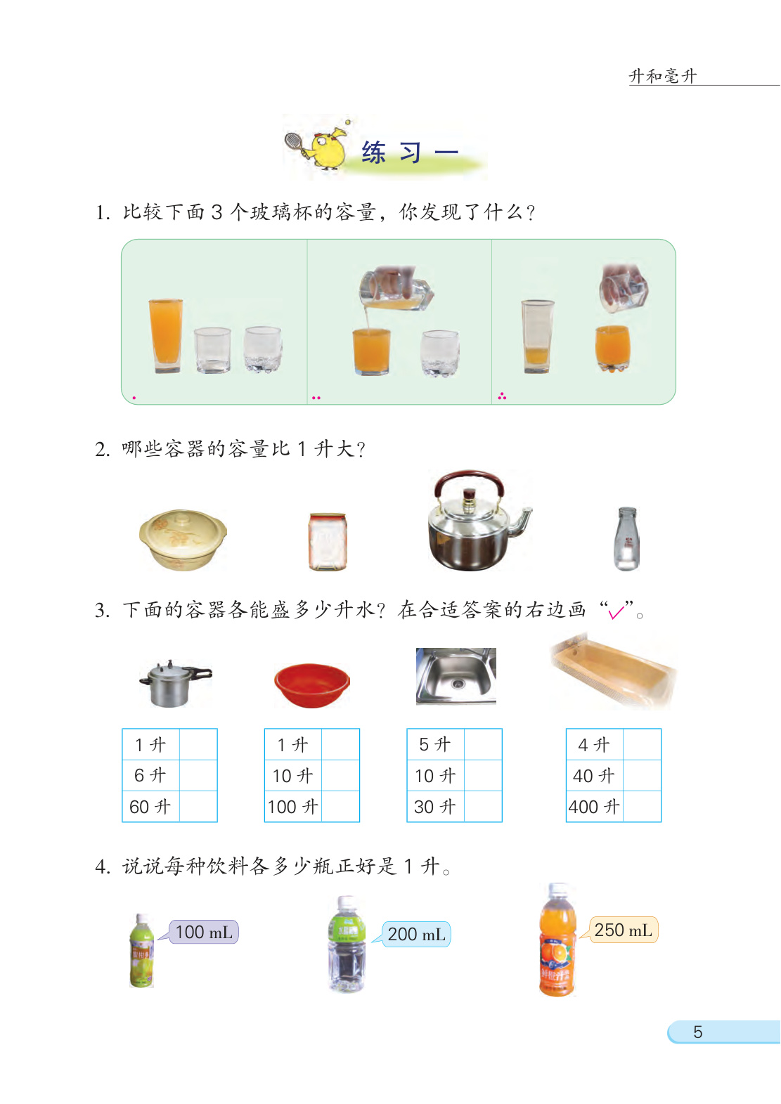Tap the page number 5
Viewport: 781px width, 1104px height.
[697, 1032]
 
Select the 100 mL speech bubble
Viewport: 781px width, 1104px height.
[204, 932]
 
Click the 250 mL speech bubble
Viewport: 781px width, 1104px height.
[622, 930]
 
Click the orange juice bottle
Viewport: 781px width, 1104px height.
[557, 940]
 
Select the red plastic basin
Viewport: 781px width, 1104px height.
[311, 684]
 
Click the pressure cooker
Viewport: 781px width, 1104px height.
[174, 684]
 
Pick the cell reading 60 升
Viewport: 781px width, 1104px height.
[151, 807]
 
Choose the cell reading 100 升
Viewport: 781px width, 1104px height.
[293, 807]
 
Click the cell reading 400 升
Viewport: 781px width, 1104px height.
[594, 807]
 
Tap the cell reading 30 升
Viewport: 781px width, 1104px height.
[435, 807]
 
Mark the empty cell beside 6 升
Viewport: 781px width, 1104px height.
[198, 775]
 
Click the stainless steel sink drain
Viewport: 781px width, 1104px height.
[458, 684]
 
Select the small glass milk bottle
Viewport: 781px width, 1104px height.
[626, 539]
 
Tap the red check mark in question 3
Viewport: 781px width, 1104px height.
[617, 612]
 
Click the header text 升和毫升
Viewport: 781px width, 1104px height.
[663, 76]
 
